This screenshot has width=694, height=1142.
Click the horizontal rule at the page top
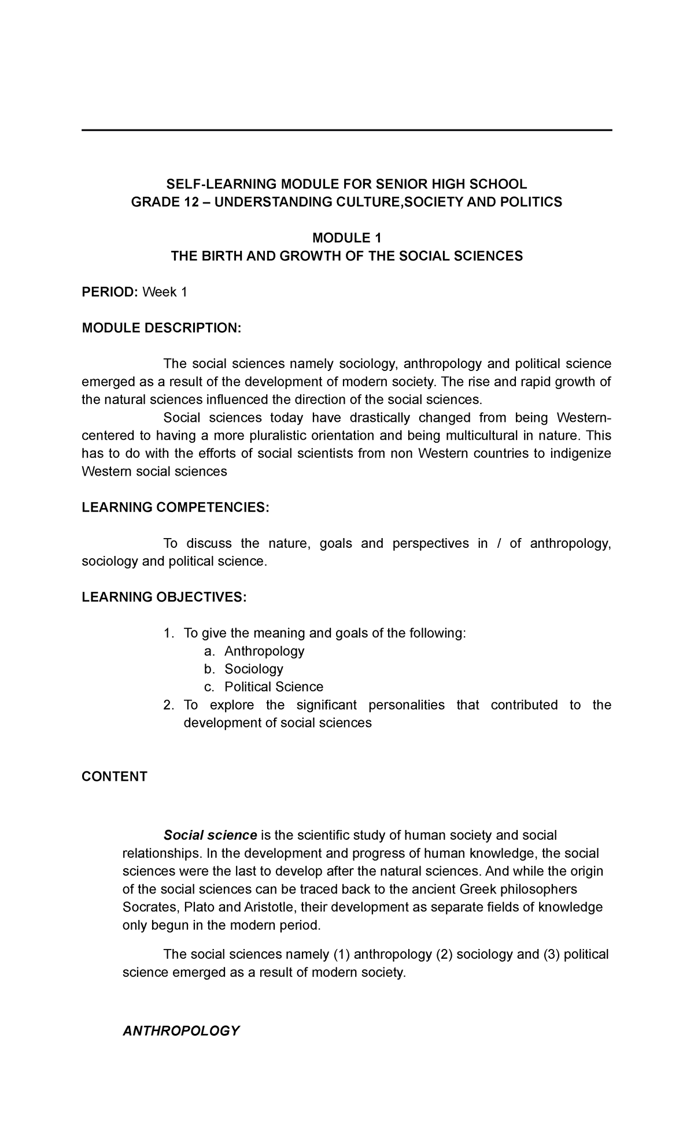click(346, 131)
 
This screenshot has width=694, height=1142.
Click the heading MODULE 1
click(346, 238)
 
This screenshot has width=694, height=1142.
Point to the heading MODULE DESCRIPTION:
click(161, 328)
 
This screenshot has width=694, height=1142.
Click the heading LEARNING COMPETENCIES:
click(175, 507)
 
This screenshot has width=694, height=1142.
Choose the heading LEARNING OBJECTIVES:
click(164, 597)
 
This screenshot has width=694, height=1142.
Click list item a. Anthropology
click(264, 651)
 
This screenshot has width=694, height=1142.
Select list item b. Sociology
click(253, 669)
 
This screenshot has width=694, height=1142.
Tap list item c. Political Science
click(274, 687)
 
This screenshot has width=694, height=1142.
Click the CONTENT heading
click(115, 777)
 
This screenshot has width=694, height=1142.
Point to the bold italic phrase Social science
click(210, 836)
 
